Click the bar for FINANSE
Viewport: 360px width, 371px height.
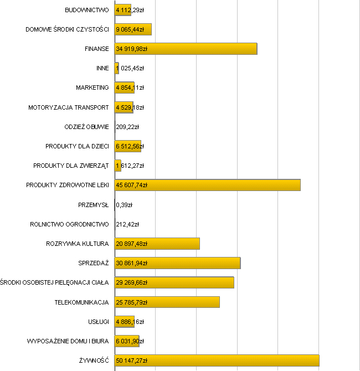click(x=186, y=49)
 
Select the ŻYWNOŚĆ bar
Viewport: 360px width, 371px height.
click(x=217, y=360)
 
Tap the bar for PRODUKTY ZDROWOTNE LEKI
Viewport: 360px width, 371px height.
click(x=207, y=185)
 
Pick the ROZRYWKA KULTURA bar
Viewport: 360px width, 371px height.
click(x=157, y=244)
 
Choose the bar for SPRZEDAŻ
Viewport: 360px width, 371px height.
click(x=177, y=263)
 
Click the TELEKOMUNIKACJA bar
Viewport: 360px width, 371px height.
click(x=167, y=302)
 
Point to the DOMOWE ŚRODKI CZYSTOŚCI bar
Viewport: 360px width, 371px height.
click(x=133, y=29)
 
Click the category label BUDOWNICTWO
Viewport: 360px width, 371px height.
click(x=86, y=10)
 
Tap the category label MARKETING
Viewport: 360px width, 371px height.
click(x=92, y=87)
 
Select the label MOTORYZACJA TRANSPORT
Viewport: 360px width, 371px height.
click(x=69, y=107)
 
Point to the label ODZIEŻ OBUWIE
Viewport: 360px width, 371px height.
click(x=86, y=127)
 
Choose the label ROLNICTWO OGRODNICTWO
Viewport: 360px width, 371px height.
click(x=69, y=224)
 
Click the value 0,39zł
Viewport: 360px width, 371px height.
click(x=124, y=205)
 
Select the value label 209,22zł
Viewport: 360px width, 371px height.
click(x=127, y=127)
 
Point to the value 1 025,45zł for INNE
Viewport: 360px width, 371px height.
click(x=130, y=68)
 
